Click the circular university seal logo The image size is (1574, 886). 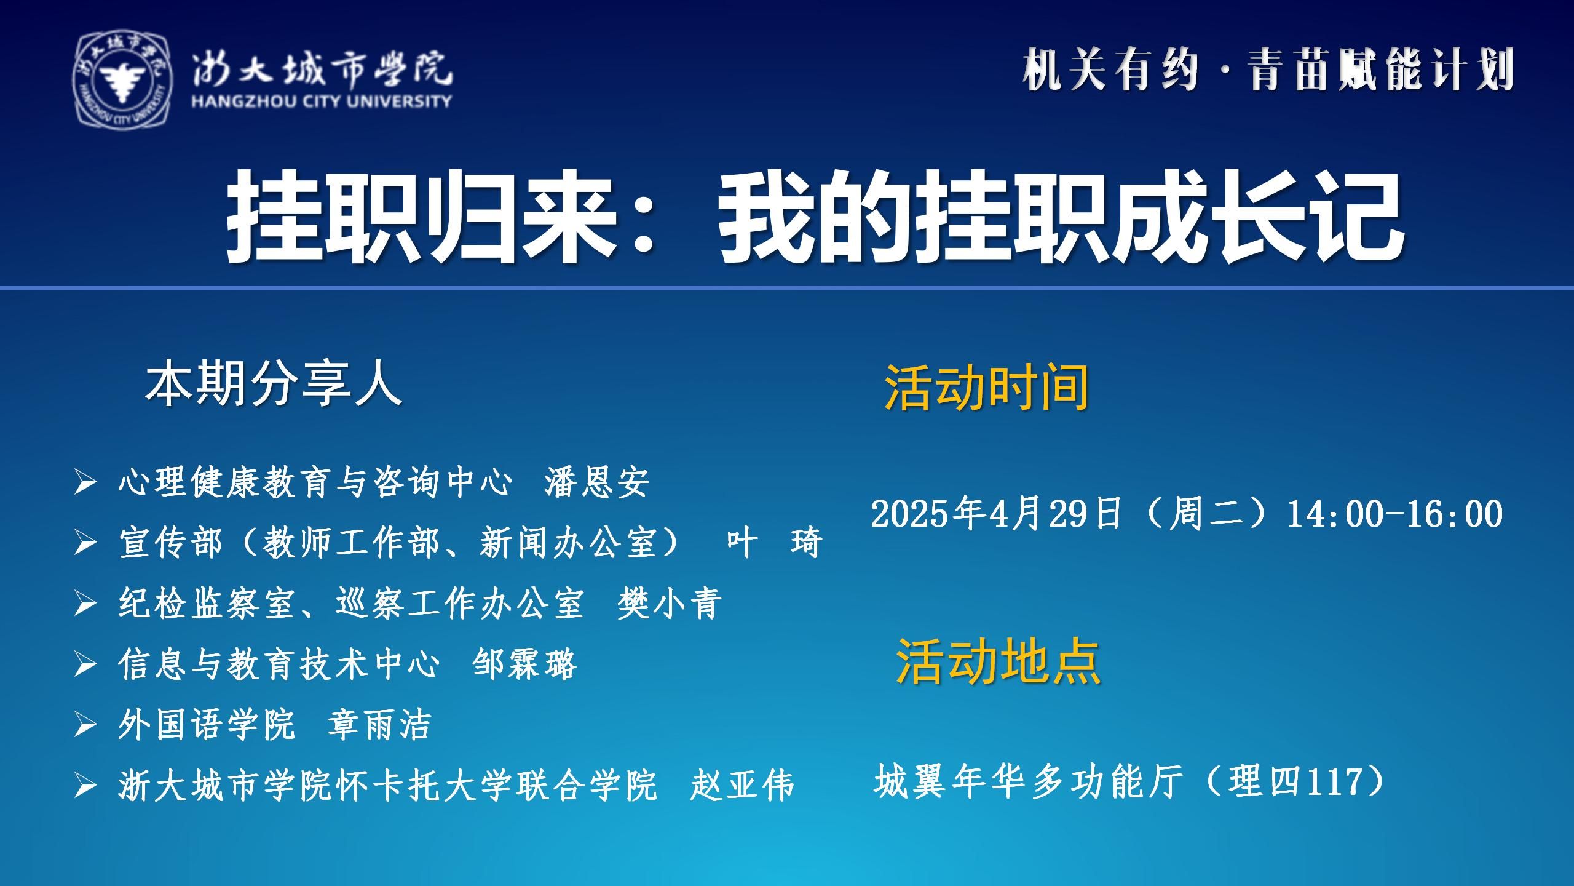[123, 80]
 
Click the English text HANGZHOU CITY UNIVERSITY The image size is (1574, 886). [322, 101]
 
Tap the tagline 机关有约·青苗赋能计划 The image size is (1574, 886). [1268, 70]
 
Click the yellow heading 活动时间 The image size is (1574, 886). [987, 388]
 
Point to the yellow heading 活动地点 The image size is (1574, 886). [998, 661]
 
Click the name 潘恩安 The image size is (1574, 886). [597, 482]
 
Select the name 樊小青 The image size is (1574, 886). [670, 603]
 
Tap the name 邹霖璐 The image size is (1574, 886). [524, 664]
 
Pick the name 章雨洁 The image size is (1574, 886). [379, 724]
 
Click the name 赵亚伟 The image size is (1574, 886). [742, 785]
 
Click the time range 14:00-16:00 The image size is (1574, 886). [1394, 514]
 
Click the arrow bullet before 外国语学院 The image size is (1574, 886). [85, 725]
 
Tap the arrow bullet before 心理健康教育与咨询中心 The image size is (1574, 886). [85, 483]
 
